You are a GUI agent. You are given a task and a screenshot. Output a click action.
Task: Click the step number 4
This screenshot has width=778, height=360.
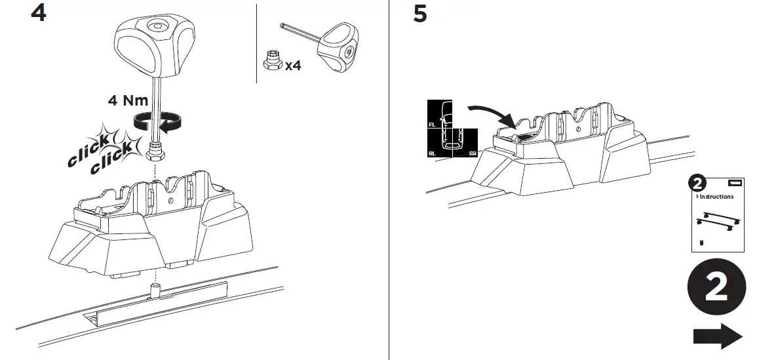[x=39, y=13]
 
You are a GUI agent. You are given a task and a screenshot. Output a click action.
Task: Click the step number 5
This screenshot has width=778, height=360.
[x=419, y=14]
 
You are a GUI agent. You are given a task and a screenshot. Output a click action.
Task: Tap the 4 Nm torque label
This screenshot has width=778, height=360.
[x=128, y=100]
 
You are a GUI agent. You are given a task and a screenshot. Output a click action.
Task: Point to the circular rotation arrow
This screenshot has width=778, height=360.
[x=157, y=121]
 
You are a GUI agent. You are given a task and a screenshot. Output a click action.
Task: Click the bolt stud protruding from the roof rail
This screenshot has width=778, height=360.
[x=157, y=289]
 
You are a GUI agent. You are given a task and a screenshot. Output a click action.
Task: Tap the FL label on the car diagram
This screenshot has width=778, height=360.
[x=432, y=123]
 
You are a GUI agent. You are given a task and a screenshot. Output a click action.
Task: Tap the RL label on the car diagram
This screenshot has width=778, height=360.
[x=432, y=154]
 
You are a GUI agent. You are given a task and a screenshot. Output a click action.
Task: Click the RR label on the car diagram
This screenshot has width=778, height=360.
[x=473, y=154]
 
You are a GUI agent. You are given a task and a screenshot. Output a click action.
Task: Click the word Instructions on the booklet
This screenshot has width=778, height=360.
[x=716, y=197]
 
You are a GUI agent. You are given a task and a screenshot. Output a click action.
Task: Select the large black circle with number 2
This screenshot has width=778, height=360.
[x=716, y=288]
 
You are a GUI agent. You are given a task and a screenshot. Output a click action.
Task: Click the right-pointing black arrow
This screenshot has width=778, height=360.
[x=717, y=336]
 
